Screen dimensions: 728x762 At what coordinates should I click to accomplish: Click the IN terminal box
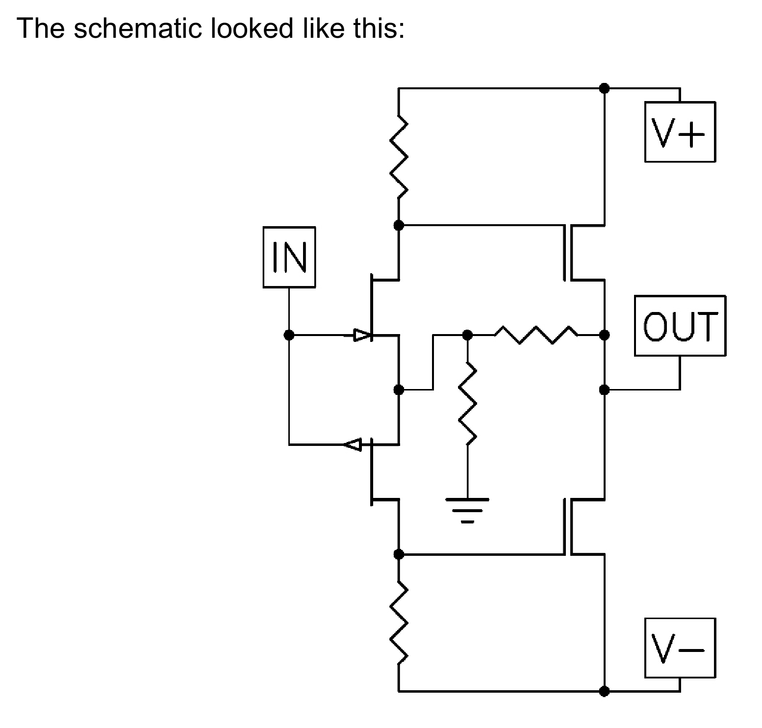coord(289,257)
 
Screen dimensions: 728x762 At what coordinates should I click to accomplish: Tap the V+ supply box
coord(680,132)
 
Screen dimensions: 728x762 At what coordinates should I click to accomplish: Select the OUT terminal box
coord(680,326)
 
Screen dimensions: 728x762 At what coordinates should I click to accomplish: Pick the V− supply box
coord(680,648)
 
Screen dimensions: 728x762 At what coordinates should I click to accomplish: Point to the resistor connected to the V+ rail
coord(399,157)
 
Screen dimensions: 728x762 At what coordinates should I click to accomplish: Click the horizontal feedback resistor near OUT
coord(535,335)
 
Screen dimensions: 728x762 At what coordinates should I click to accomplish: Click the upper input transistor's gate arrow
coord(363,336)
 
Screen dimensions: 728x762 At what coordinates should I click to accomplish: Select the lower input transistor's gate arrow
coord(352,444)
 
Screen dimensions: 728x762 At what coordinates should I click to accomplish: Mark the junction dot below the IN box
coord(289,335)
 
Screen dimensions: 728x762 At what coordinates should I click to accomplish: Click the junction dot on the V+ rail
coord(605,88)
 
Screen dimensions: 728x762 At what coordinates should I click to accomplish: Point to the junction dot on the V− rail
coord(605,691)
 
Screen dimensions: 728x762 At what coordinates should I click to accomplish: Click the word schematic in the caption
coord(138,28)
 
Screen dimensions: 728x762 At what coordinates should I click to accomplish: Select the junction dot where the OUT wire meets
coord(605,390)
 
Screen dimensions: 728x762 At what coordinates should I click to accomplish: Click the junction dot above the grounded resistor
coord(467,335)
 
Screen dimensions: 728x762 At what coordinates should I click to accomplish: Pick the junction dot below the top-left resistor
coord(399,225)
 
